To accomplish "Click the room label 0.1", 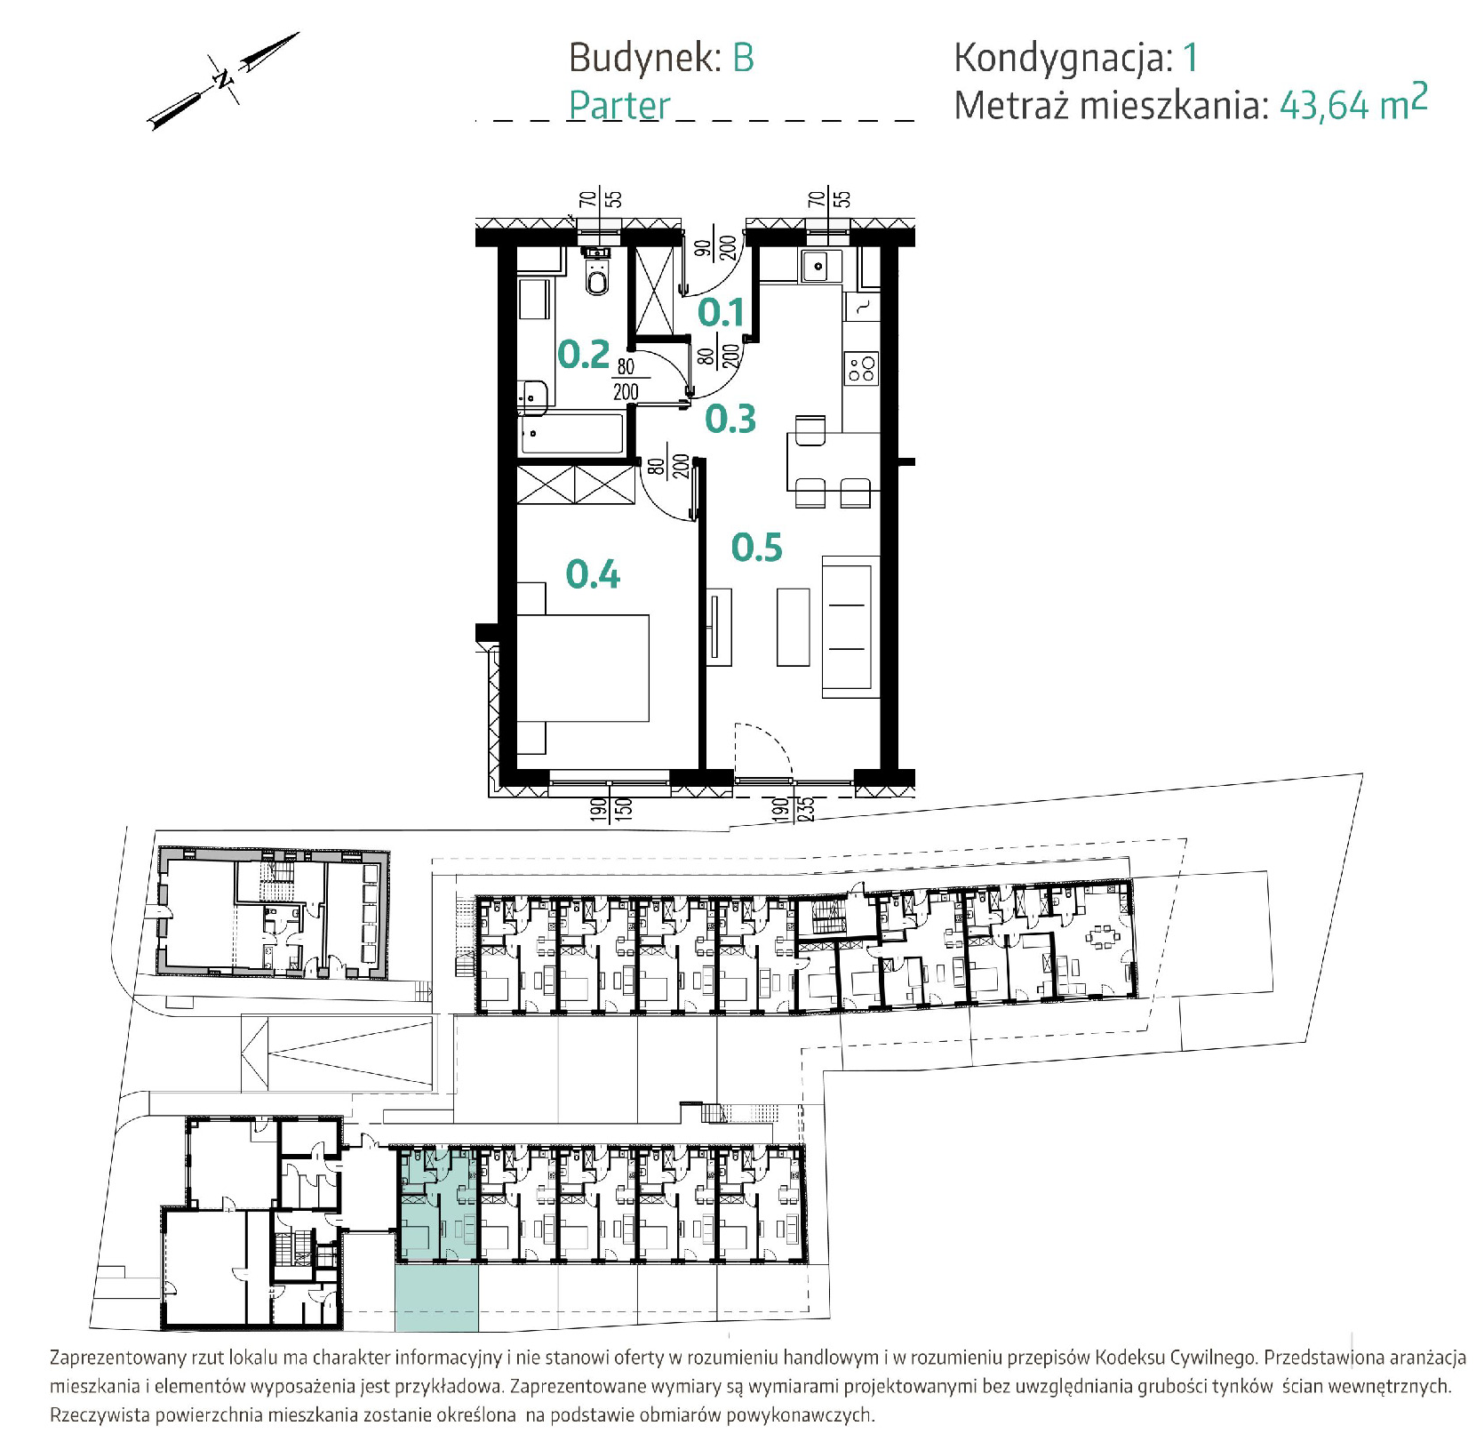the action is pyautogui.click(x=721, y=312).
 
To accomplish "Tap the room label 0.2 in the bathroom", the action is pyautogui.click(x=584, y=355).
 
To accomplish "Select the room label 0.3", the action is pyautogui.click(x=730, y=419).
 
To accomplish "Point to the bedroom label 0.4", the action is pyautogui.click(x=594, y=574).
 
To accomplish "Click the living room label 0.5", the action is pyautogui.click(x=757, y=548).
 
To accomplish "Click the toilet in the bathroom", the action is pyautogui.click(x=597, y=275).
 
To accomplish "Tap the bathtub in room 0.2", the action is pyautogui.click(x=573, y=434).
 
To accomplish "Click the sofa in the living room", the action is pyautogui.click(x=850, y=625).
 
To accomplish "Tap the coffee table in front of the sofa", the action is pyautogui.click(x=794, y=627).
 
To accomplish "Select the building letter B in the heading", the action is pyautogui.click(x=743, y=59).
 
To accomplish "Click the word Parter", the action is pyautogui.click(x=619, y=106).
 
